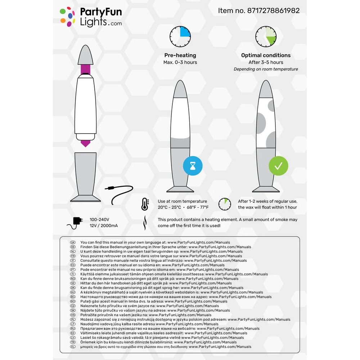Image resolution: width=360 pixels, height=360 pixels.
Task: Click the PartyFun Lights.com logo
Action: click(x=91, y=17)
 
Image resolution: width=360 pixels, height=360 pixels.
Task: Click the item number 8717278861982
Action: click(x=258, y=11)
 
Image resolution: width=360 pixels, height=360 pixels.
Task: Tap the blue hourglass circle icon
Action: click(x=193, y=166)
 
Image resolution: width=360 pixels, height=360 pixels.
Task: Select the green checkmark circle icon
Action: click(x=278, y=166)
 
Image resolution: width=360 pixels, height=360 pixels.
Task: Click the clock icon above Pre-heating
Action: click(x=180, y=37)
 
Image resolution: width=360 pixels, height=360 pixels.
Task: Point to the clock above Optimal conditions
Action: click(x=266, y=37)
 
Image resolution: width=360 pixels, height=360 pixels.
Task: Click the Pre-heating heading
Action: click(x=180, y=55)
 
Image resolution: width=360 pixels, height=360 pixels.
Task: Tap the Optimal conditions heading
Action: click(x=266, y=55)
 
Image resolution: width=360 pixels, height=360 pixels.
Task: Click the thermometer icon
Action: click(x=145, y=204)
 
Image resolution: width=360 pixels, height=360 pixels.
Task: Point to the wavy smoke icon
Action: click(x=145, y=223)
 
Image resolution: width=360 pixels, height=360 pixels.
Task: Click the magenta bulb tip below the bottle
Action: click(x=86, y=143)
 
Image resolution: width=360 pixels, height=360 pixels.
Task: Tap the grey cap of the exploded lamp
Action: click(x=86, y=54)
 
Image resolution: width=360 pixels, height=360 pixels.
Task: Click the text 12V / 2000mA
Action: click(x=104, y=226)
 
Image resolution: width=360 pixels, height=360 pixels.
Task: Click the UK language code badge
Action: click(x=73, y=243)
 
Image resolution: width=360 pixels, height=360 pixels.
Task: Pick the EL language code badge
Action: click(x=73, y=347)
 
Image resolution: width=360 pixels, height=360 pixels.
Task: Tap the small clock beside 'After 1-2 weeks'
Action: click(x=225, y=204)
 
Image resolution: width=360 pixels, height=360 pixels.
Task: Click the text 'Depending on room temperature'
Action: click(x=266, y=69)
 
